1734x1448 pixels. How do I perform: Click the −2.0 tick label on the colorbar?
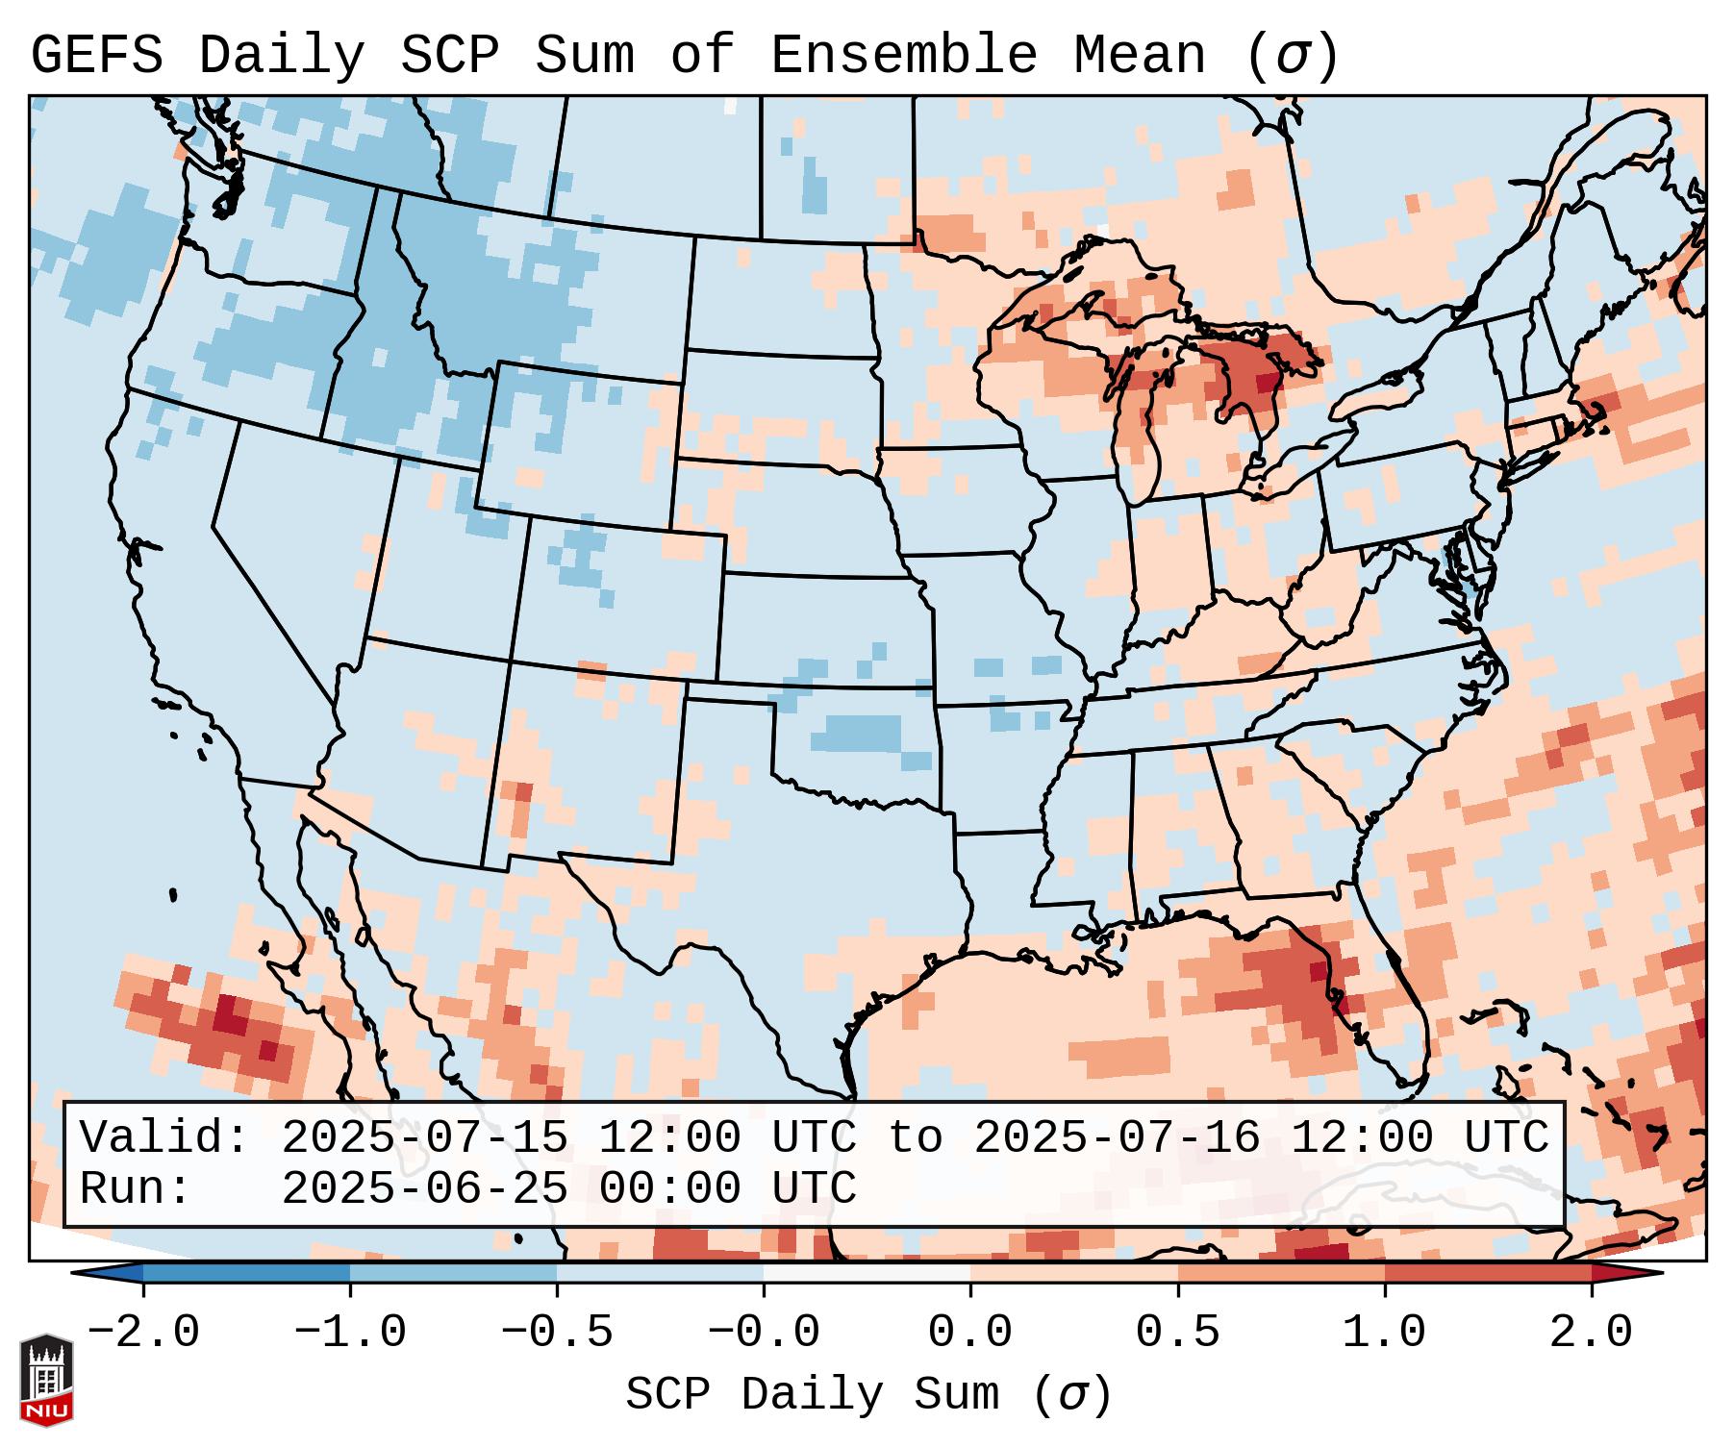pyautogui.click(x=143, y=1333)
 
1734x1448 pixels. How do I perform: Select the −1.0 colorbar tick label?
pyautogui.click(x=350, y=1333)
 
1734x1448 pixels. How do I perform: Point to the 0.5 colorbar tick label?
pyautogui.click(x=1177, y=1333)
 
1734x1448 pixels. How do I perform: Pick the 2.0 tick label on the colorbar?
pyautogui.click(x=1591, y=1333)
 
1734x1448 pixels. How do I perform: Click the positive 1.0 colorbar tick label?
pyautogui.click(x=1384, y=1333)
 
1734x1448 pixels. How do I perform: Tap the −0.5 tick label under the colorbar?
pyautogui.click(x=557, y=1333)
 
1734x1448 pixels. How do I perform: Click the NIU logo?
pyautogui.click(x=46, y=1380)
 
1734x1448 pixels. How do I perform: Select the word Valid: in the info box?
pyautogui.click(x=164, y=1137)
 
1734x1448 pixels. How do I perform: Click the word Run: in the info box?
pyautogui.click(x=136, y=1188)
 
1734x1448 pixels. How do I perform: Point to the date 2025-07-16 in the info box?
pyautogui.click(x=1117, y=1137)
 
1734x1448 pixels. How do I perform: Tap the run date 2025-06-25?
pyautogui.click(x=424, y=1188)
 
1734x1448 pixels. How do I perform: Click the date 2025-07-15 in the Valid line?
pyautogui.click(x=424, y=1137)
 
